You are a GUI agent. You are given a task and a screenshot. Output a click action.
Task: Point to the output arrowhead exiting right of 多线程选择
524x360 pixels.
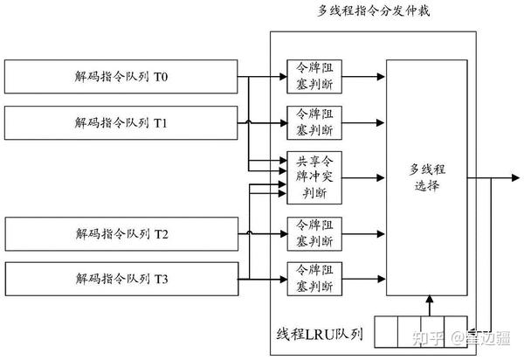514,178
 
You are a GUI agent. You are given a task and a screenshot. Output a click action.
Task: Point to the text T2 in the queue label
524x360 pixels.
162,234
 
